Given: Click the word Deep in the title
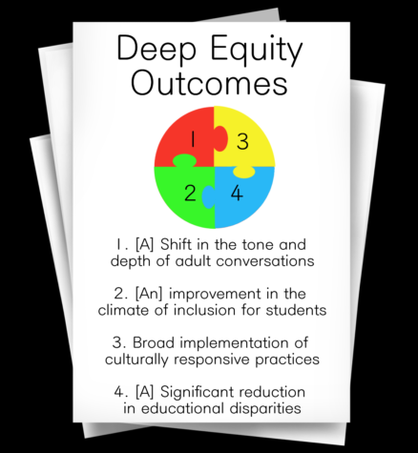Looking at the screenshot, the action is (x=157, y=49).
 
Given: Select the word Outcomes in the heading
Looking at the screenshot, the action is (x=210, y=83).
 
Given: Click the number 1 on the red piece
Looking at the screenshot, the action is (x=193, y=139).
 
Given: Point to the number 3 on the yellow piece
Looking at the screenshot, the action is (x=242, y=142).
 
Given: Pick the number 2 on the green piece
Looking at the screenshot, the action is (x=190, y=193).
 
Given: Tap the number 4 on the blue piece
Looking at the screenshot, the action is (x=237, y=193).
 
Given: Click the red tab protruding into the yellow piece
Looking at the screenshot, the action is (x=220, y=138).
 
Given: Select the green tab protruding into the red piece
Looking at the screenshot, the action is (x=184, y=160).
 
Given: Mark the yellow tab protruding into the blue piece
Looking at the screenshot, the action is (x=244, y=172).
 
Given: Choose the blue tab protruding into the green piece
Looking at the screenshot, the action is (x=208, y=197).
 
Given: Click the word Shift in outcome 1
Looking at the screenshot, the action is (x=177, y=244).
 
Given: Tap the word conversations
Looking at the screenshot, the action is (x=265, y=261).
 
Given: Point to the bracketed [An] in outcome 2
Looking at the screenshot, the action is (x=149, y=294).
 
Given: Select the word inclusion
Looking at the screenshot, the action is (x=204, y=310).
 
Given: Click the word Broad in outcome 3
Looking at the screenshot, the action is (x=154, y=342).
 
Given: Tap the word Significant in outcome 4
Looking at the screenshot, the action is (x=196, y=392).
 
